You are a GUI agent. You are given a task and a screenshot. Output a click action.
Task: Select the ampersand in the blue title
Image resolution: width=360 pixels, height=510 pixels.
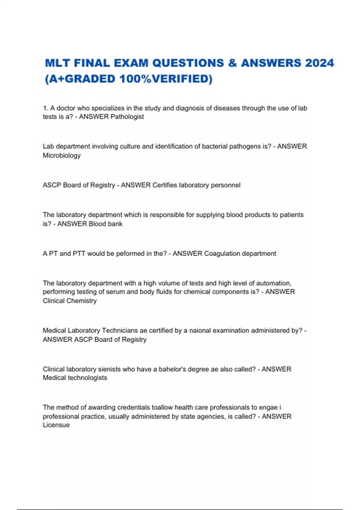pos(232,63)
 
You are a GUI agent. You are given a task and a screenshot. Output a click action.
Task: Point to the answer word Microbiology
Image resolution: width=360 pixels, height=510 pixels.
pos(62,155)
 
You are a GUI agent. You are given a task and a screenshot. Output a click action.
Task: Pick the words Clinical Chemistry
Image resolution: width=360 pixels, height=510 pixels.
pos(70,301)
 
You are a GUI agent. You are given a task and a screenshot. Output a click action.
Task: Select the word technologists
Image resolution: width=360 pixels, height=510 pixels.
pos(88,378)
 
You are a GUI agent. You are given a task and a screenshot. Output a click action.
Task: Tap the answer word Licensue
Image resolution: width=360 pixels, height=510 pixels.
pos(56,425)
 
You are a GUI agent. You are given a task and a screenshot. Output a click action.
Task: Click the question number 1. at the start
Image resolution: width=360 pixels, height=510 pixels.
pos(46,108)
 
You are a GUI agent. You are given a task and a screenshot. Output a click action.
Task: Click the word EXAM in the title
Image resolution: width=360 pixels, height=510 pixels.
pos(131,63)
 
